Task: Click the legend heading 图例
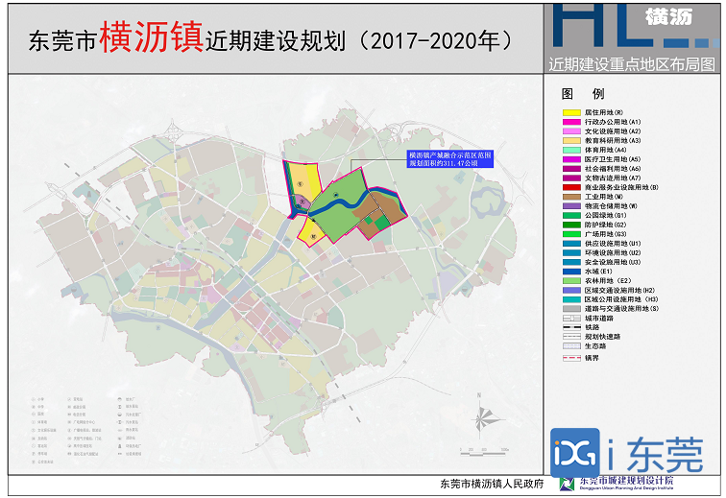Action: coord(582,94)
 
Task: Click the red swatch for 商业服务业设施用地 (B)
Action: coord(570,187)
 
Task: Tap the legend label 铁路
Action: coord(593,327)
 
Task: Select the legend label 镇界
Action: coord(593,356)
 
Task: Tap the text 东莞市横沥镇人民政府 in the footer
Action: coord(492,484)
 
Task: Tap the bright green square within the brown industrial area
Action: coord(382,223)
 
